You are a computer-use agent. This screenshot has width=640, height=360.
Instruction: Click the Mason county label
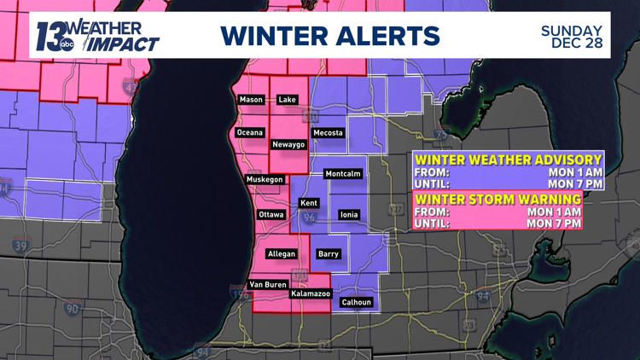point(251,100)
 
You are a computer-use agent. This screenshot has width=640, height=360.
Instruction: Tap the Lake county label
point(288,100)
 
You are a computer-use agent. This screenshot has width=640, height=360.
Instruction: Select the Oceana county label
point(250,132)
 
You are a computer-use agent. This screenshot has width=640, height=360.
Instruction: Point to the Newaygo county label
point(288,144)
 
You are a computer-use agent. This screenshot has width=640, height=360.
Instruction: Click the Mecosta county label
point(329,133)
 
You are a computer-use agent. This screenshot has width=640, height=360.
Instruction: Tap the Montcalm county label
point(343,174)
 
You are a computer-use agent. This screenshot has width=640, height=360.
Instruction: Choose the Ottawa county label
point(271,214)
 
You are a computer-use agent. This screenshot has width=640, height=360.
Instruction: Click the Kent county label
point(308,203)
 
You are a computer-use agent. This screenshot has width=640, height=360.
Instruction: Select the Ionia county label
point(349,214)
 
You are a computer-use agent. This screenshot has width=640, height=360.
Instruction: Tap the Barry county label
point(328,253)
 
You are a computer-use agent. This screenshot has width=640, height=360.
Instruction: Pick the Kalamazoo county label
point(308,293)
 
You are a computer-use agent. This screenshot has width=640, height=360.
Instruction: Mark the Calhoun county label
point(356,301)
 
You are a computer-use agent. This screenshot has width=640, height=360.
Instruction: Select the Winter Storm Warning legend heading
point(497,199)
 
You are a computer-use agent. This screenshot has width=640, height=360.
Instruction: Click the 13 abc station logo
point(54,36)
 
